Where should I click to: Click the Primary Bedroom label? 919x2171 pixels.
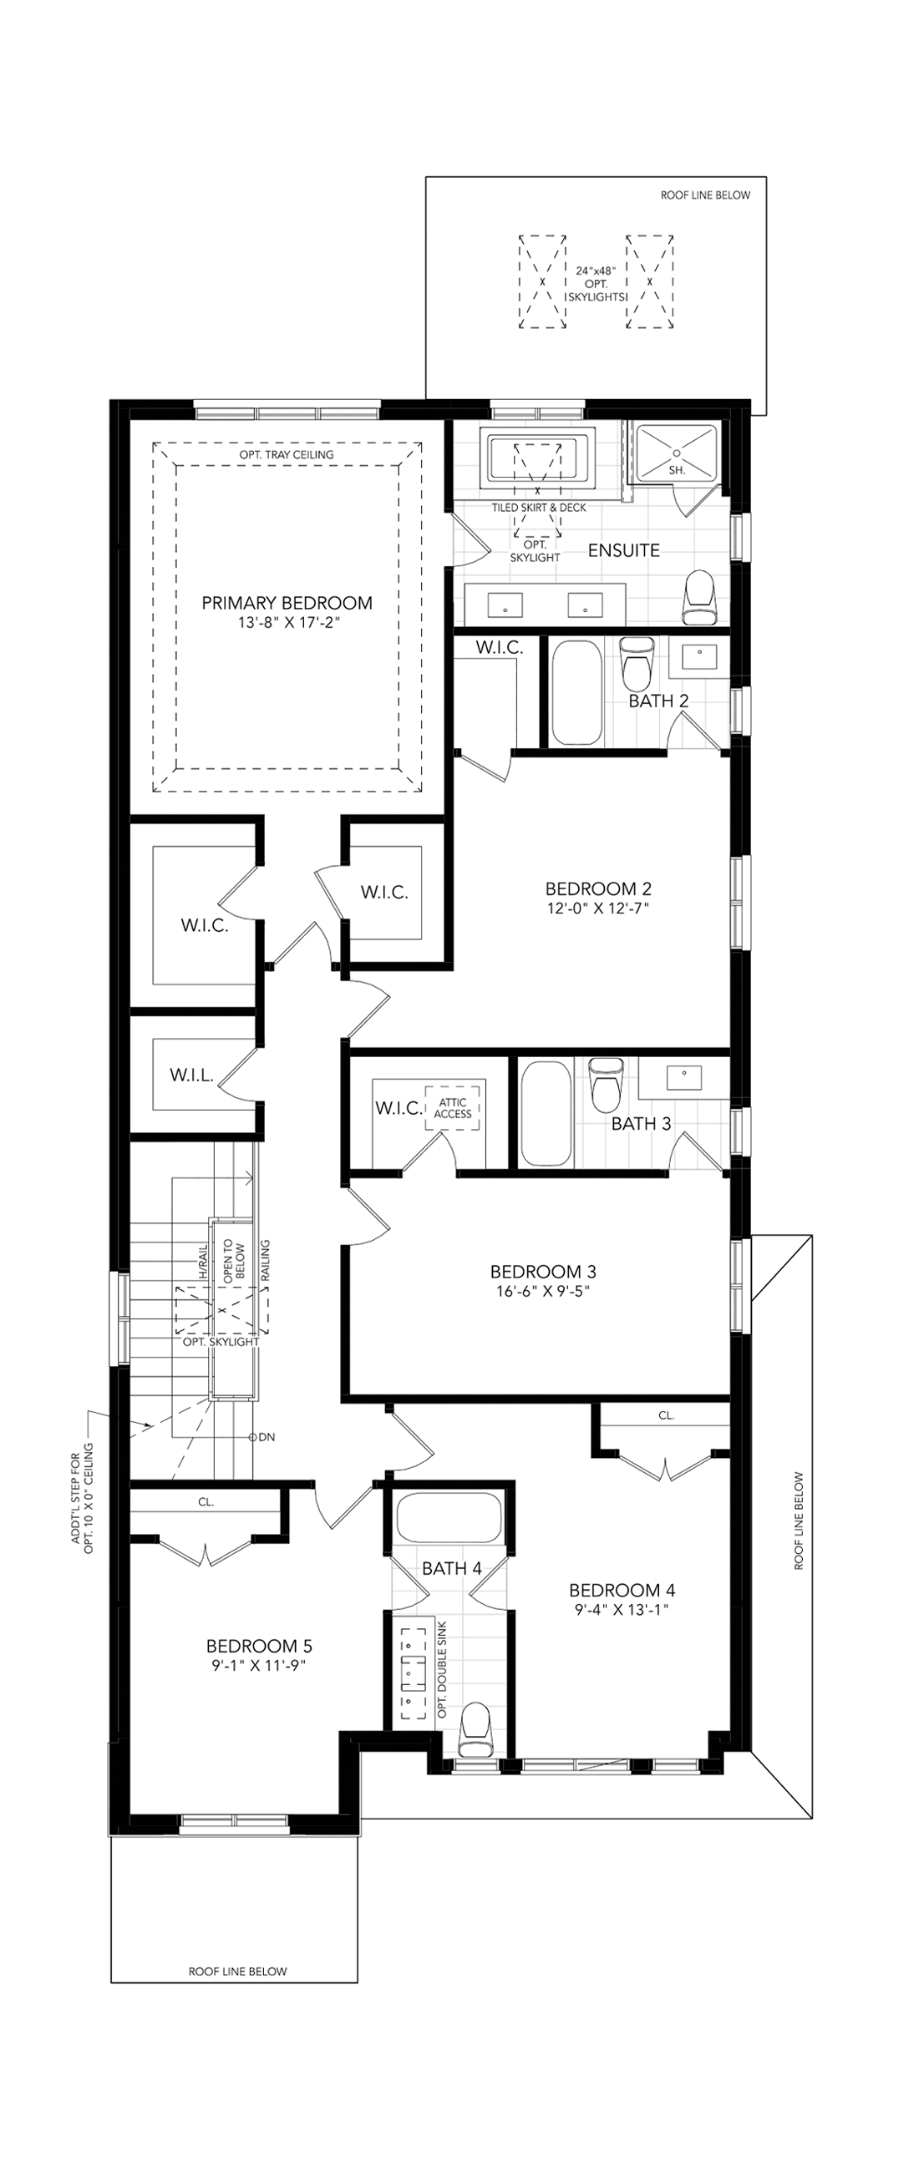click(x=287, y=604)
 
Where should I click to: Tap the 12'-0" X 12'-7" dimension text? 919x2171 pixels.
click(x=598, y=908)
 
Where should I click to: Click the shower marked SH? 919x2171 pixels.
click(x=677, y=455)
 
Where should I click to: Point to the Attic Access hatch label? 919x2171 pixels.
click(x=453, y=1108)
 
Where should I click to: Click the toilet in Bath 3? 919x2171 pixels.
click(x=606, y=1085)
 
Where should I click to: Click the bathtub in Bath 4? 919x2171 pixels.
click(x=449, y=1520)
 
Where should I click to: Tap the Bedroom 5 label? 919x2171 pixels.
click(x=259, y=1646)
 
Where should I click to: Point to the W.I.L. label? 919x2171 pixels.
click(x=191, y=1075)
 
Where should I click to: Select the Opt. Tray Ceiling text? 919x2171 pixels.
click(x=287, y=455)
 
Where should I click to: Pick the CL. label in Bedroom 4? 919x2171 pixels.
click(x=666, y=1416)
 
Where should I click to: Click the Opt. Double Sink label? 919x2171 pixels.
click(x=444, y=1669)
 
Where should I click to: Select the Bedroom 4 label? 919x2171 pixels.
click(x=622, y=1591)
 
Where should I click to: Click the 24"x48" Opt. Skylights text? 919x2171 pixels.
click(x=597, y=284)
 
